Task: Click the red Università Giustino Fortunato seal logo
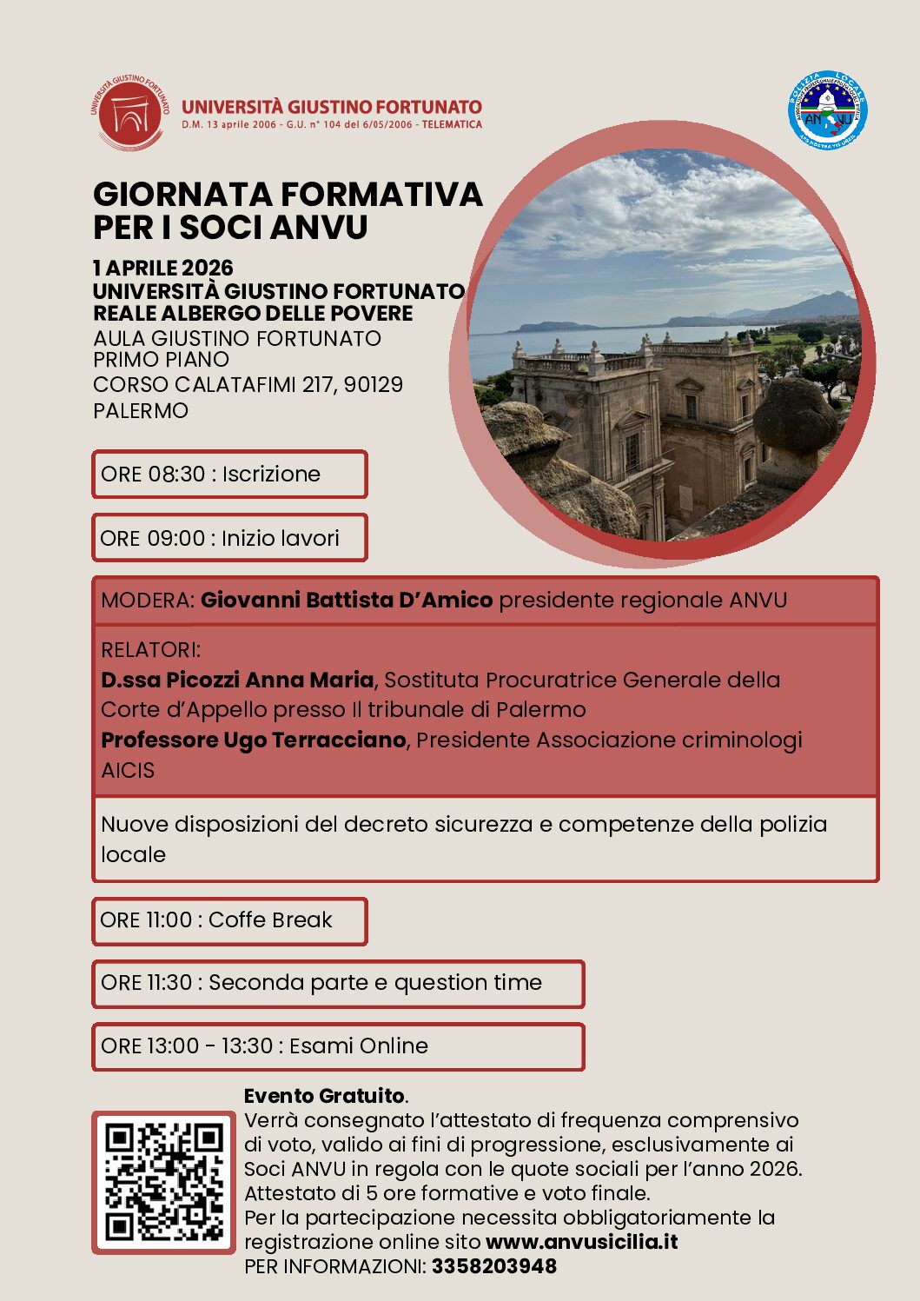coord(129,113)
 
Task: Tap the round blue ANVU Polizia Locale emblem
coord(828,114)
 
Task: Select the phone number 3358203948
coord(493,1266)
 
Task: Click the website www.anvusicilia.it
coord(581,1242)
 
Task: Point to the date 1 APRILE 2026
coord(163,268)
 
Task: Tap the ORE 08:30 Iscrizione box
coord(229,475)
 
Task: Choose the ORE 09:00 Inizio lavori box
coord(229,538)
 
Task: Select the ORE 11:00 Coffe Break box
coord(229,920)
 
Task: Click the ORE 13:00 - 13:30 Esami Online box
coord(338,1046)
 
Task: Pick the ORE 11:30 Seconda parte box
coord(338,983)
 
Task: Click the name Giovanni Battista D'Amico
coord(347,601)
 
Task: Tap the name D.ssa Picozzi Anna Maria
coord(237,680)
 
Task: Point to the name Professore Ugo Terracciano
coord(254,740)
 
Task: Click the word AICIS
coord(128,770)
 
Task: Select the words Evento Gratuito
coord(324,1096)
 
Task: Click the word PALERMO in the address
coord(141,410)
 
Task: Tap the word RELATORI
coord(149,650)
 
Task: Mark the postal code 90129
coord(374,384)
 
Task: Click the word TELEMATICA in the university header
coord(452,125)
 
